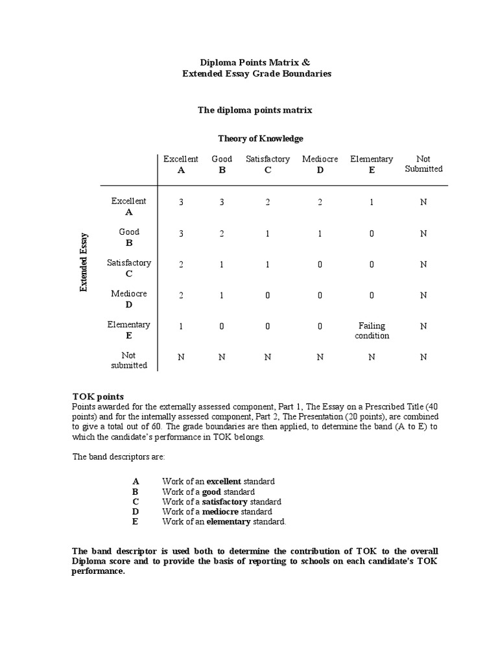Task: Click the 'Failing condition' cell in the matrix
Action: pos(372,331)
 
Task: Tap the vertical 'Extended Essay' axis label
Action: pos(84,262)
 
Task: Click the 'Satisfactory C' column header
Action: pos(267,164)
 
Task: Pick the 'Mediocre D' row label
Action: pos(129,299)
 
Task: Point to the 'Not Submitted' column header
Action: pos(423,164)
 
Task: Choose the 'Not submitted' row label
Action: pos(129,361)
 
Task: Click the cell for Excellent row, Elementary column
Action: pos(372,202)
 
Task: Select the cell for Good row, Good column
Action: pos(222,233)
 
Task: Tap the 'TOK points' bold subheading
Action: pos(97,396)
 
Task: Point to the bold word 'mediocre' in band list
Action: pos(220,512)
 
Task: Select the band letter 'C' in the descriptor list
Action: pos(136,502)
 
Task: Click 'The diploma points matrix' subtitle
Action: pos(255,110)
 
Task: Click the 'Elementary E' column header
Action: pos(372,164)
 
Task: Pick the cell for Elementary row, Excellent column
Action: pos(182,326)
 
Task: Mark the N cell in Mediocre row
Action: pos(423,295)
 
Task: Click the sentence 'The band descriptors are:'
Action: pos(118,456)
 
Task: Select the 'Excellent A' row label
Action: pos(129,206)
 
